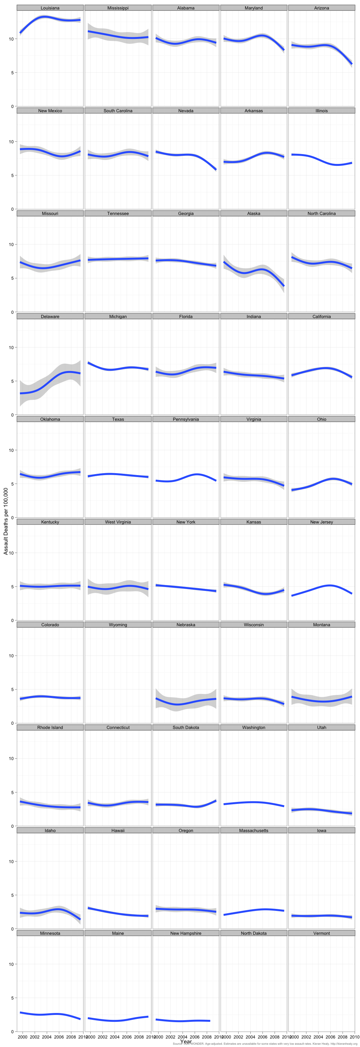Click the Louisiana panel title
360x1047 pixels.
click(50, 8)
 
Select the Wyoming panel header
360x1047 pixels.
click(118, 625)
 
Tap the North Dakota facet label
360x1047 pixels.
click(254, 933)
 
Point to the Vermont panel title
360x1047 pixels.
click(321, 933)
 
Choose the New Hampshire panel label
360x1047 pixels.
click(186, 933)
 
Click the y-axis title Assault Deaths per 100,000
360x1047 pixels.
click(6, 521)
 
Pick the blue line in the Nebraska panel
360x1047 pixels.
click(186, 703)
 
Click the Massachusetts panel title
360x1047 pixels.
click(254, 830)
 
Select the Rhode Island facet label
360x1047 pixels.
click(50, 728)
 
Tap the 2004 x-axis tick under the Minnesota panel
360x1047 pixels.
click(47, 1037)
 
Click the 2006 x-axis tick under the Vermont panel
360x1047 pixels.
click(330, 1037)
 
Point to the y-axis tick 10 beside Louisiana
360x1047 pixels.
click(11, 39)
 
